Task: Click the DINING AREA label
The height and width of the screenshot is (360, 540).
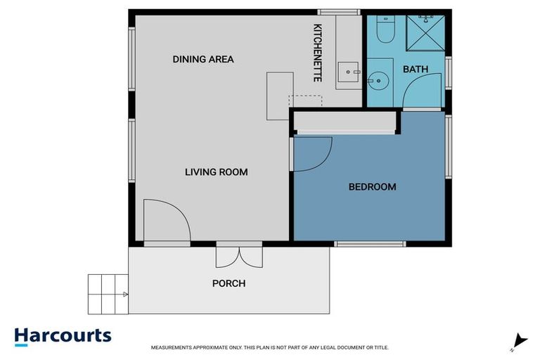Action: tap(203, 60)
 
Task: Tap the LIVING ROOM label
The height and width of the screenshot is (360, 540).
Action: tap(216, 172)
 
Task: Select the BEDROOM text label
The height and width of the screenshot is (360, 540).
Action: tap(372, 187)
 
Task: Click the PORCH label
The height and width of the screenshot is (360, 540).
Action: tap(229, 284)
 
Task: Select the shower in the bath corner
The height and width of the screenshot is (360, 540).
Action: tap(426, 32)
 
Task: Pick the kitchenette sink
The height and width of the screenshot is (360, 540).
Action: tap(349, 72)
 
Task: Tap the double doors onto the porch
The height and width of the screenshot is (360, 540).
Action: tap(239, 255)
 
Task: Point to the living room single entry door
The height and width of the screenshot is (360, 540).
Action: tap(166, 221)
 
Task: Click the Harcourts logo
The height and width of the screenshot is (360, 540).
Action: tap(63, 336)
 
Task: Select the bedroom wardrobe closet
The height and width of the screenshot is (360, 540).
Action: tap(345, 123)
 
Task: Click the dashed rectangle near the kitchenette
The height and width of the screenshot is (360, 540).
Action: tap(306, 101)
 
